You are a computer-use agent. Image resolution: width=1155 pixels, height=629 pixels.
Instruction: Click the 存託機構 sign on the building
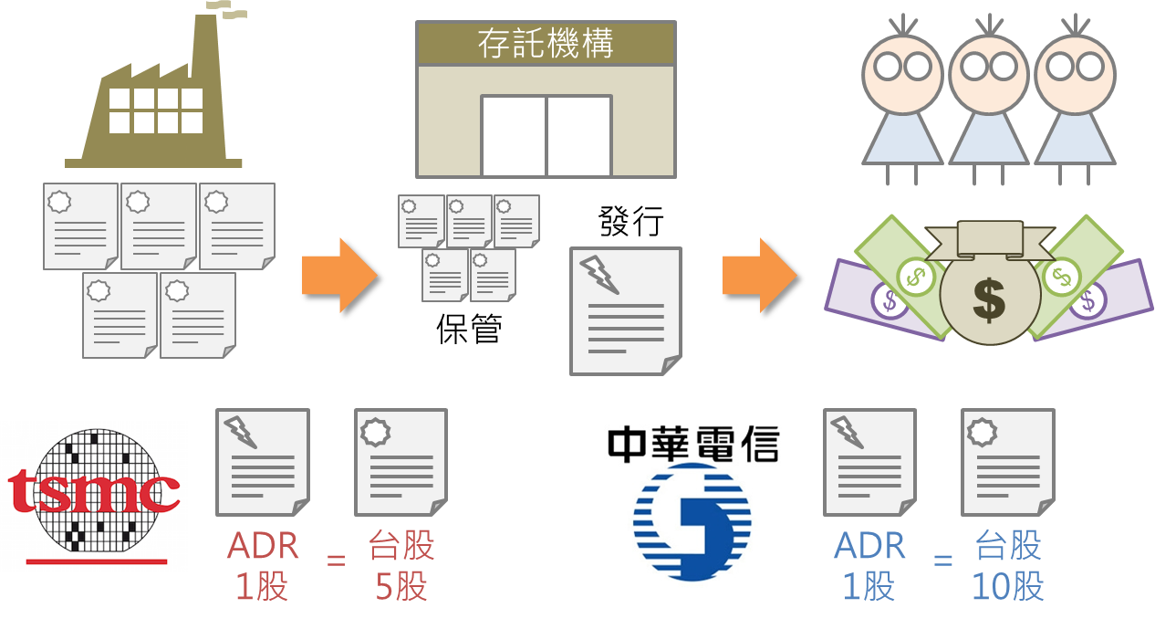[546, 44]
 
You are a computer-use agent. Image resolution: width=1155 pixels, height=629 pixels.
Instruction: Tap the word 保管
[469, 329]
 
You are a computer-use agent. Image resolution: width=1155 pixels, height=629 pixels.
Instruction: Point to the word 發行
[631, 221]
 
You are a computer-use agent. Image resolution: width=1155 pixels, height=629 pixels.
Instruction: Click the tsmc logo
[94, 496]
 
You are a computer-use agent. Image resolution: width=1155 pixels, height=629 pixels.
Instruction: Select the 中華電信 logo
[693, 498]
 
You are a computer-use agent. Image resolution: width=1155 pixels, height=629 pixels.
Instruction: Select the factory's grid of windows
[156, 110]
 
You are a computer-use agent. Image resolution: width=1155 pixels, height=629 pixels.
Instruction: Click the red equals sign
[336, 559]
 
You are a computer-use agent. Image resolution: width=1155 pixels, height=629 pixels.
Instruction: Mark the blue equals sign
[942, 559]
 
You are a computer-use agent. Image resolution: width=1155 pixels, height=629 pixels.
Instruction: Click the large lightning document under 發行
[626, 310]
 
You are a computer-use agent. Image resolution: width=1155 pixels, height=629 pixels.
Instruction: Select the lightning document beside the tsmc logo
[263, 462]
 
